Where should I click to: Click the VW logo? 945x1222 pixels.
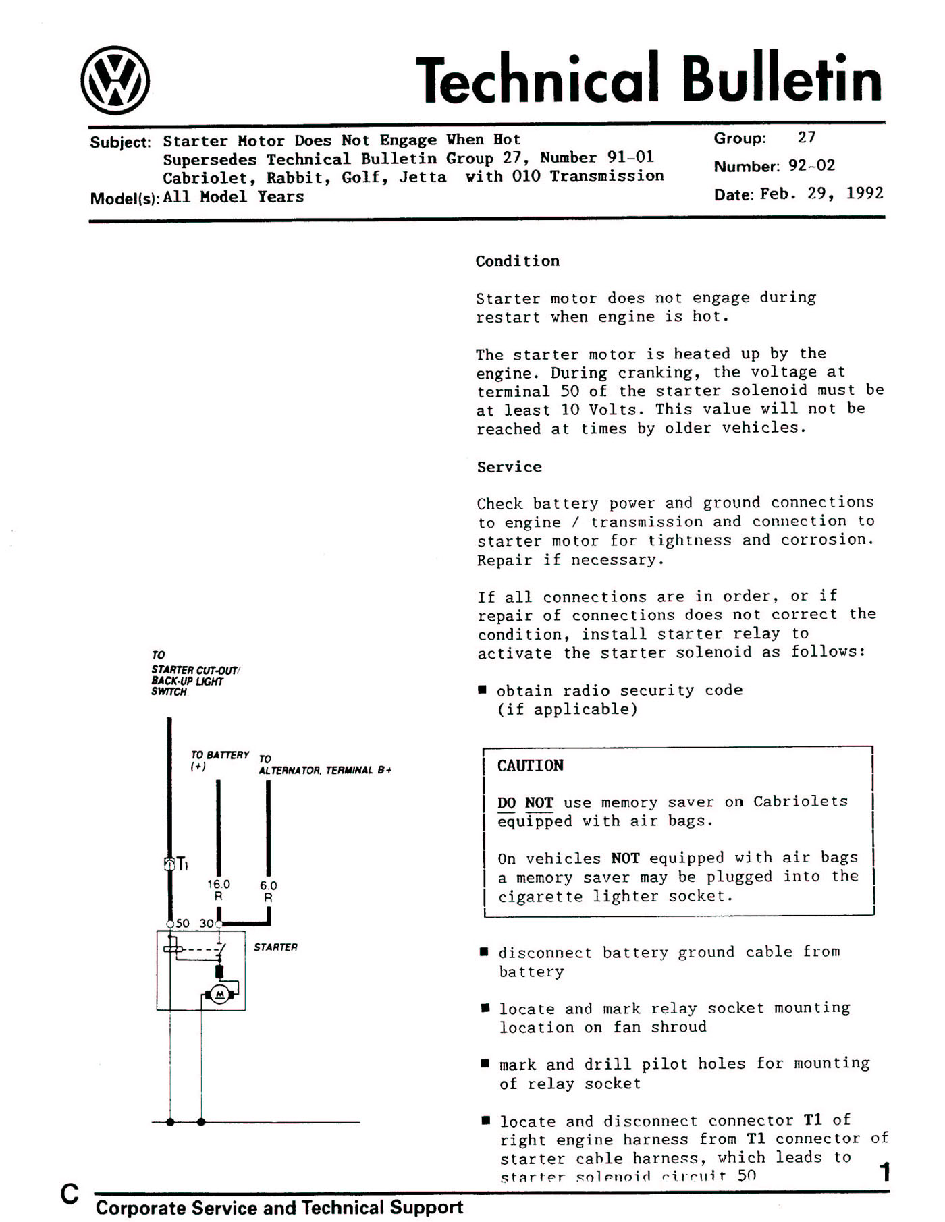click(115, 80)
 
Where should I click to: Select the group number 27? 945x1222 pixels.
click(807, 138)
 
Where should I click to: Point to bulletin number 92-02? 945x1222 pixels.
click(811, 166)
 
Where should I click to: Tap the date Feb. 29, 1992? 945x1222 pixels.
click(821, 194)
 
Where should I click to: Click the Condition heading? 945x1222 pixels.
click(517, 261)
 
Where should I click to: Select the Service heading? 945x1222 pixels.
click(509, 467)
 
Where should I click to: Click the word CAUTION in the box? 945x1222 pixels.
click(530, 766)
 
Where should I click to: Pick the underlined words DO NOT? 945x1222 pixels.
click(525, 803)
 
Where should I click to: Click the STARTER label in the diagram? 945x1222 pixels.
click(275, 947)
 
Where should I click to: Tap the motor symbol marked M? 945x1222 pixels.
click(219, 994)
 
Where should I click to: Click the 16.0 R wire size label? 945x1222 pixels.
click(218, 890)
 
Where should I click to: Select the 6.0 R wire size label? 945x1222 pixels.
click(268, 891)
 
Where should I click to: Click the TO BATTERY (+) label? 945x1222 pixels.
click(219, 760)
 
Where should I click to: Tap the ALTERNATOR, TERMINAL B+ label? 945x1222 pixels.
click(325, 771)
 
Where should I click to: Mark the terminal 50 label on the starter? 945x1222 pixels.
click(182, 924)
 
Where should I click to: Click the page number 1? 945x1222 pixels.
click(884, 1172)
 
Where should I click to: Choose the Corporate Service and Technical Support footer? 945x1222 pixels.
click(279, 1207)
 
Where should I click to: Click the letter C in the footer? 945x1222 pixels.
click(69, 1194)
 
